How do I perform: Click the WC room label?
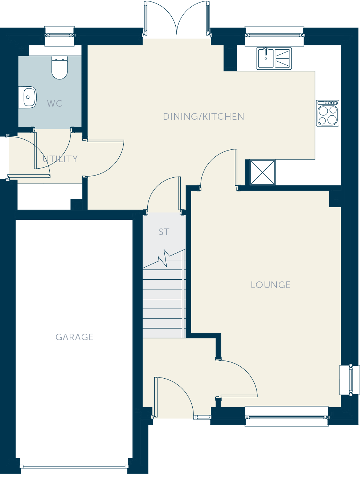pos(54,103)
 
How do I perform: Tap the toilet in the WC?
pos(60,67)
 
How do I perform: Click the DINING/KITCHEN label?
pos(204,116)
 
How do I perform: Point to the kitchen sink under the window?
pos(274,58)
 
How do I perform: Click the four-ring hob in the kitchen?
pos(328,113)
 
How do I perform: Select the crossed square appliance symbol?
pos(262,172)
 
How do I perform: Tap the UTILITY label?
pos(60,159)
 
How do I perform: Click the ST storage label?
pos(164,232)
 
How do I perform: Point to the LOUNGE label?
pos(271,285)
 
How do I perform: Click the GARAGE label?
pos(74,337)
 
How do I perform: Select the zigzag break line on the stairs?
pos(164,259)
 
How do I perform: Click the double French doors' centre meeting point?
pos(177,34)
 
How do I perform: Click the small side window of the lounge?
pos(350,380)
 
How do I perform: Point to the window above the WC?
pos(60,36)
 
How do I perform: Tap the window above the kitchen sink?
pos(274,36)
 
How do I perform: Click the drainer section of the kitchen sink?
pos(282,58)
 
